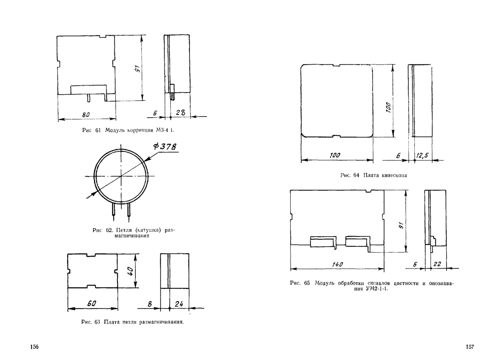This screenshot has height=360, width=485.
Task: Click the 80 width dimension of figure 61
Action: (86, 115)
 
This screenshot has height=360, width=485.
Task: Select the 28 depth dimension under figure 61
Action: (181, 112)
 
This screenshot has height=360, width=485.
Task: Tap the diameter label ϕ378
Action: (165, 146)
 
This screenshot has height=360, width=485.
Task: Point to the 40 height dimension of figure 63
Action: (130, 271)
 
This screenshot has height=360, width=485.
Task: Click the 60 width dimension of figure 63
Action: (92, 303)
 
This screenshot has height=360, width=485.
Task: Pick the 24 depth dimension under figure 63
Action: (179, 304)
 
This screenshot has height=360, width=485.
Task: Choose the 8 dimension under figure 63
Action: (150, 304)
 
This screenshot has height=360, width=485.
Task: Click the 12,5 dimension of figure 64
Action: (422, 155)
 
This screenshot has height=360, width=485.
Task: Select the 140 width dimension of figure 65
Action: (337, 265)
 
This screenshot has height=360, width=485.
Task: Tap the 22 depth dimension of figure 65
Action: (437, 264)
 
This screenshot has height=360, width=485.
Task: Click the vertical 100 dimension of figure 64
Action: (388, 107)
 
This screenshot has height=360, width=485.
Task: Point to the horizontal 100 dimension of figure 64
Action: (335, 155)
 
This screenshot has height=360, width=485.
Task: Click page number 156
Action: (34, 347)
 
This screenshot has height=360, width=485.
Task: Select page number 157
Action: (470, 347)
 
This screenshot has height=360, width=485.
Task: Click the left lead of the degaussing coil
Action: (114, 210)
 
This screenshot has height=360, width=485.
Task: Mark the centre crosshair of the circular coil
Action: (121, 176)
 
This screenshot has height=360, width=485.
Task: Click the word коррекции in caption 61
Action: (140, 130)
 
